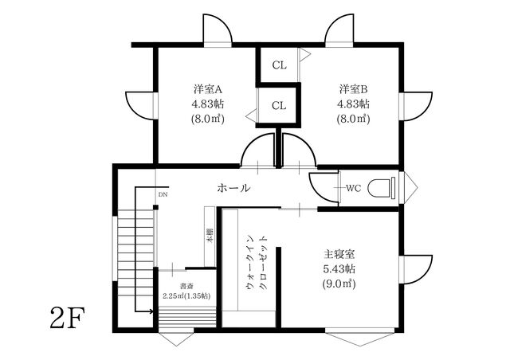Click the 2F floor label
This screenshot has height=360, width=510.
click(67, 318)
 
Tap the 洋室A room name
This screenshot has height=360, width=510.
click(208, 88)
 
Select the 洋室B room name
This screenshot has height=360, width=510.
click(354, 88)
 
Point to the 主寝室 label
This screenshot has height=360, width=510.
click(339, 253)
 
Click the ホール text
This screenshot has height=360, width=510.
click(233, 188)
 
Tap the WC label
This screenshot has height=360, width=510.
click(354, 188)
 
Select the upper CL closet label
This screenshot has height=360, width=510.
click(280, 65)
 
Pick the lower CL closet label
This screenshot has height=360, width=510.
click(279, 106)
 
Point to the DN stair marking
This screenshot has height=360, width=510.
click(163, 195)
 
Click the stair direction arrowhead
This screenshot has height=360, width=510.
click(151, 311)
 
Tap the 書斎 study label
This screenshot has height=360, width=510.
click(187, 287)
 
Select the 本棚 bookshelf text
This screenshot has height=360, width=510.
click(210, 236)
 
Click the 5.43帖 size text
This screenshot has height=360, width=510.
click(339, 269)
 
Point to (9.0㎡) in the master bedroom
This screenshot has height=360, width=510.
click(339, 284)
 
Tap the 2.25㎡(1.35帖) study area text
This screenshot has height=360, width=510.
click(186, 296)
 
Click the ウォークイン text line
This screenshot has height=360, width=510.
click(250, 262)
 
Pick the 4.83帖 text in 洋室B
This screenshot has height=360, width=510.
click(354, 104)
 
